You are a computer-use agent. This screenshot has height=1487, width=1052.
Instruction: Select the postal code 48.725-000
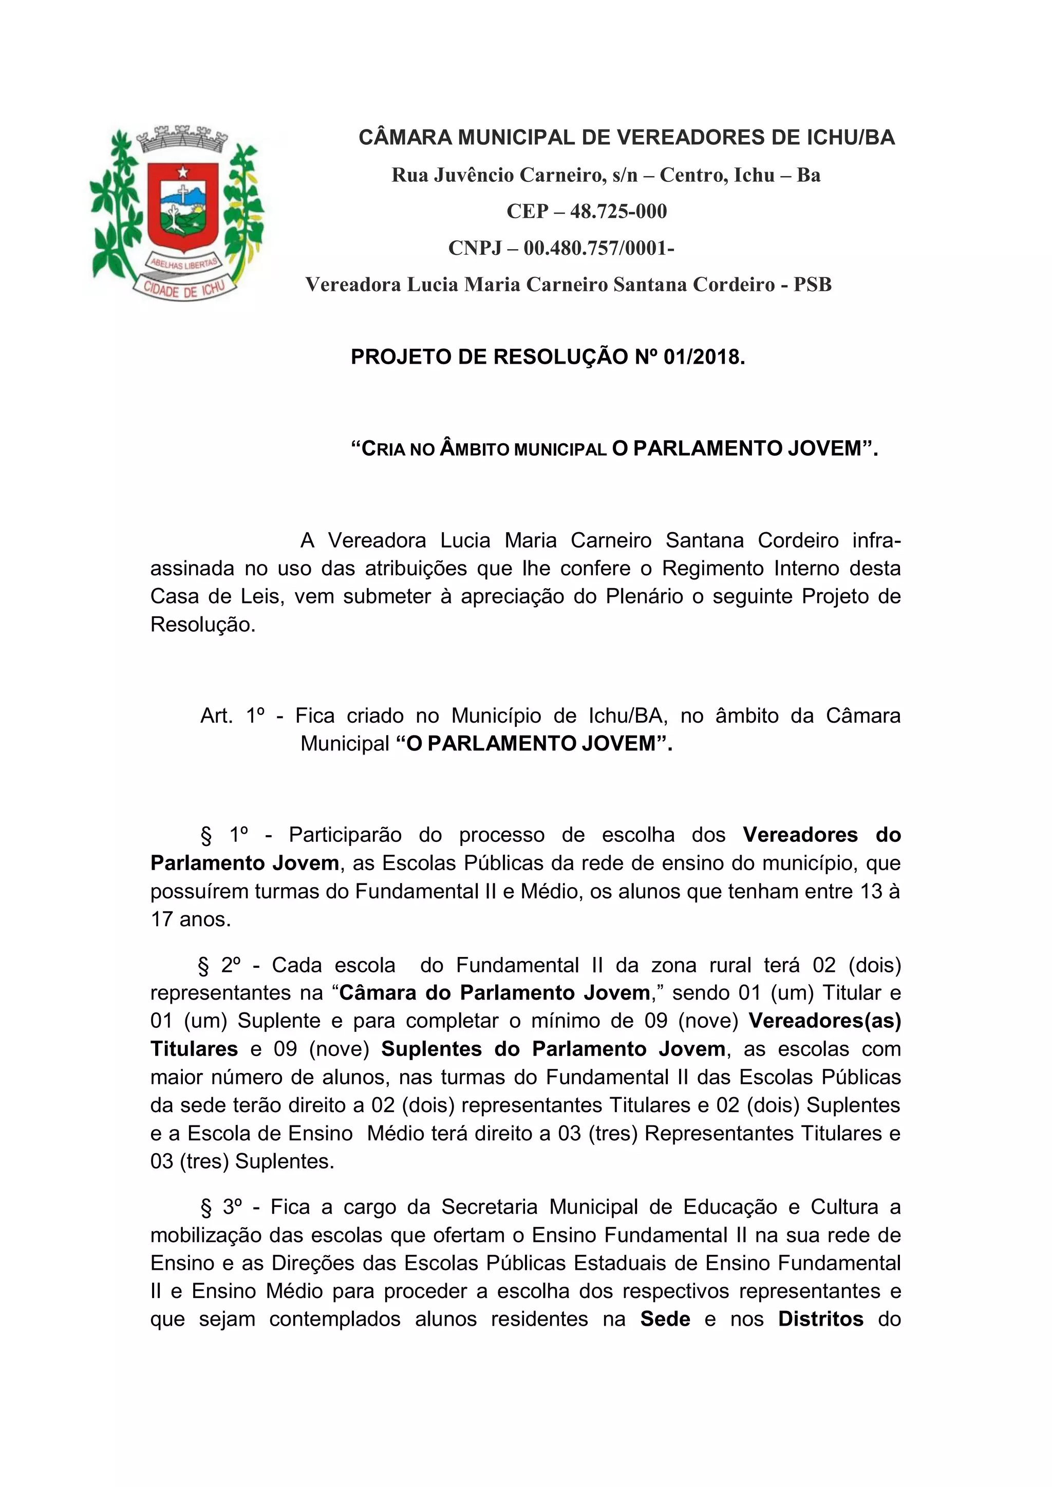(618, 212)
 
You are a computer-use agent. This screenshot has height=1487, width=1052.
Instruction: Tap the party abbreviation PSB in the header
(812, 285)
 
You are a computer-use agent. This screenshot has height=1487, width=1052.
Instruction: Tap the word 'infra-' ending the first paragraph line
(876, 540)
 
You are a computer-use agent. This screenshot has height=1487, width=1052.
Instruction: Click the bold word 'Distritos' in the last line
(820, 1319)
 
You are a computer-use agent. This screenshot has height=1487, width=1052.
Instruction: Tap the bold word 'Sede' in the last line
(665, 1319)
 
